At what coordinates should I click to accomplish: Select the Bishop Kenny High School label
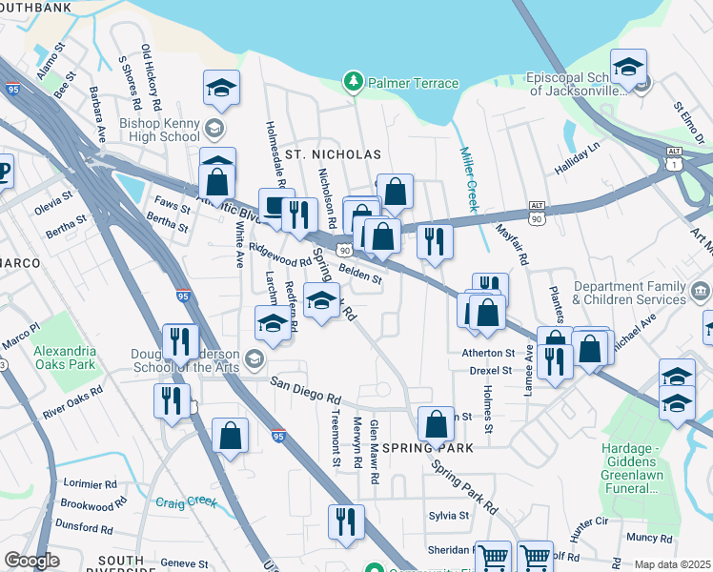point(158,131)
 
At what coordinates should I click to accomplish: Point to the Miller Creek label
point(470,179)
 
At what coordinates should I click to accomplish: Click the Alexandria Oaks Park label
point(65,357)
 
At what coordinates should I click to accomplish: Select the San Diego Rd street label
point(305,390)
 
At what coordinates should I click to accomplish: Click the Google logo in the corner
point(31,561)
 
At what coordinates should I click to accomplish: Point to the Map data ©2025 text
point(672,564)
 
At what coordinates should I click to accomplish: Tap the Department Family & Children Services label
point(628,293)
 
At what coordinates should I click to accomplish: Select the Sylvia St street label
point(449,515)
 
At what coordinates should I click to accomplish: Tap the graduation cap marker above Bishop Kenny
point(221,89)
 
